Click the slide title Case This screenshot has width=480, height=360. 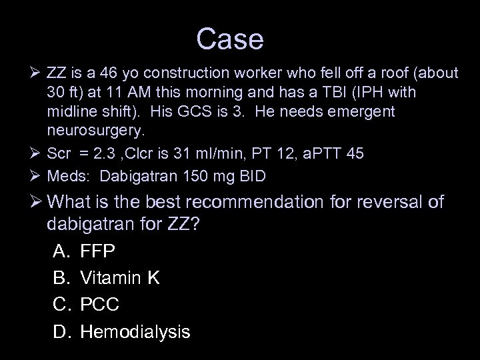[230, 40]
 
